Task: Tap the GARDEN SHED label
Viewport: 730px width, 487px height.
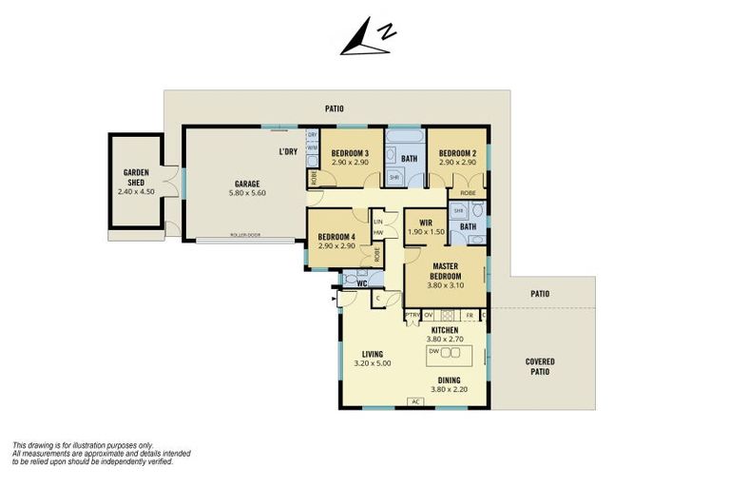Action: [135, 178]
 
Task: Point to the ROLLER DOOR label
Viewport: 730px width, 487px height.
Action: [245, 235]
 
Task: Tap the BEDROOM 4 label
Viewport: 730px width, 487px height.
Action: [336, 237]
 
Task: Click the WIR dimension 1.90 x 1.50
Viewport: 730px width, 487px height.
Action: [426, 231]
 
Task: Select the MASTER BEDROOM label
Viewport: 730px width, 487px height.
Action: [445, 271]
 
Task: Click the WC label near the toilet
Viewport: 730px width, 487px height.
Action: [361, 282]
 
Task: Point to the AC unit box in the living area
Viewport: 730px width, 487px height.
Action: [415, 401]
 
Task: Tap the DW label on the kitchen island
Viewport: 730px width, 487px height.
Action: [433, 351]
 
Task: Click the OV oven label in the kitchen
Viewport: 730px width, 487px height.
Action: [429, 315]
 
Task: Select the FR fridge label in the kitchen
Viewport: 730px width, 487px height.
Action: [469, 315]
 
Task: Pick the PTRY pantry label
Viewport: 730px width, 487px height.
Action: [413, 315]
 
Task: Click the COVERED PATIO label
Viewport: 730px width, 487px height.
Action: [540, 366]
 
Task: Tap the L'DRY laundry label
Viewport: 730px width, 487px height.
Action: [288, 152]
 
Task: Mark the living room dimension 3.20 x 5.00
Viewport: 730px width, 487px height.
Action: [372, 363]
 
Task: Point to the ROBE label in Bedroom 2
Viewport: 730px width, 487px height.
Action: [468, 192]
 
